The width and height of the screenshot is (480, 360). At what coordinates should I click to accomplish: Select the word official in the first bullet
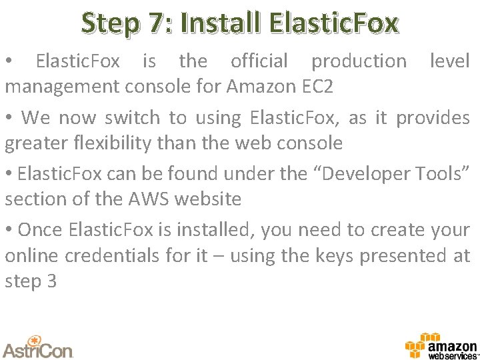[259, 61]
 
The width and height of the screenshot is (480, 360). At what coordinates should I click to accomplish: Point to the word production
[359, 61]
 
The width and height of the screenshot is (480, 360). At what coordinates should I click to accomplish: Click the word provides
[433, 118]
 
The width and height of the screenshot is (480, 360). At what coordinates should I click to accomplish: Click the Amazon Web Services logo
[441, 346]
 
